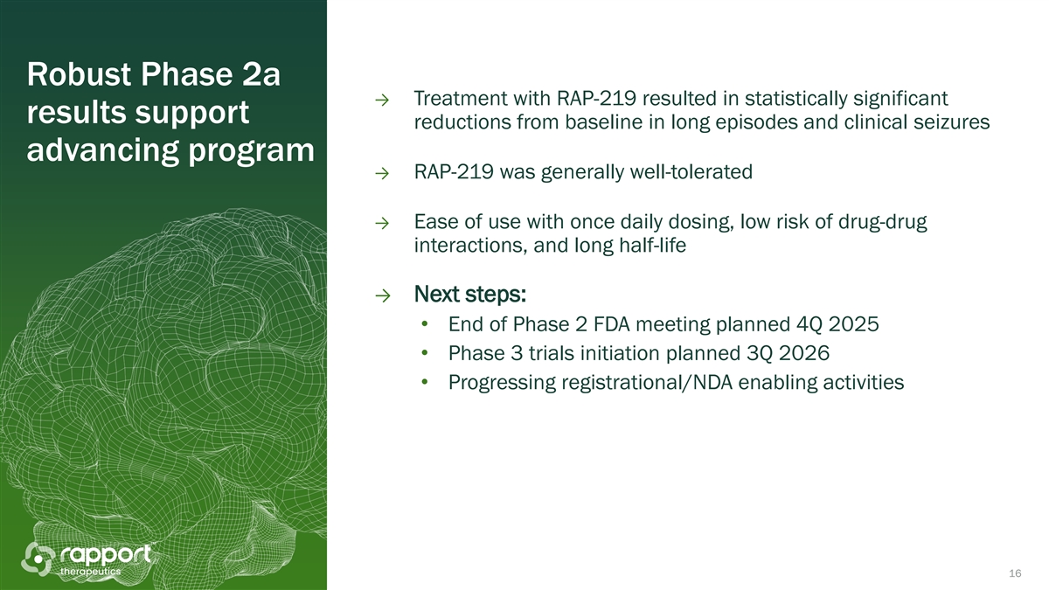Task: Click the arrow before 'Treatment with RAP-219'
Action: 382,101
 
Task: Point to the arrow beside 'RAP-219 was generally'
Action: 382,174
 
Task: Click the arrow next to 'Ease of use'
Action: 382,224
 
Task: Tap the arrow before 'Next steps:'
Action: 383,296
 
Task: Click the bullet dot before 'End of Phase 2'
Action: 425,324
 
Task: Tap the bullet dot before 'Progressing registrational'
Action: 425,382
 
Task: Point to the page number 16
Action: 1015,573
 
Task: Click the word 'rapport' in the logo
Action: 106,555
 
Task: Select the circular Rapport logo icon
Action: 38,559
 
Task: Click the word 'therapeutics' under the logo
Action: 90,572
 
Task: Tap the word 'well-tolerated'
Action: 691,172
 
